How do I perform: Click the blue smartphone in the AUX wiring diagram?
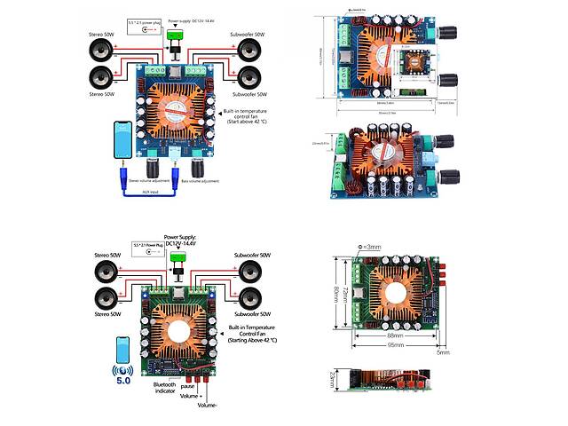click(x=128, y=142)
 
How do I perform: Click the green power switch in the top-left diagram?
click(x=174, y=37)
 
